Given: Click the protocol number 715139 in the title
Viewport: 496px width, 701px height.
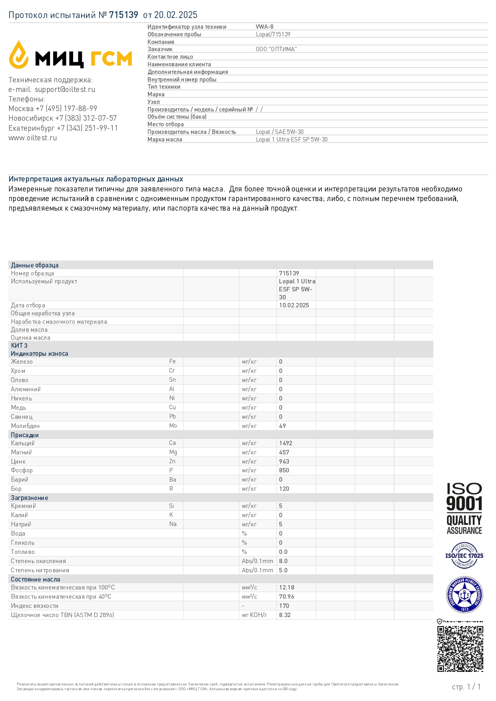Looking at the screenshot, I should coord(124,15).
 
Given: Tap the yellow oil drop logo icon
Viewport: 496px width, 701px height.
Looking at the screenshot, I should coord(19,55).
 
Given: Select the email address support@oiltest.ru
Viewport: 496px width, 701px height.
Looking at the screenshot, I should coord(65,90).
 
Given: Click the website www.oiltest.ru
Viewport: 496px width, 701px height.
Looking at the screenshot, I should coord(33,138).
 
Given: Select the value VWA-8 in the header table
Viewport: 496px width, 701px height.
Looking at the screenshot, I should coord(265,27).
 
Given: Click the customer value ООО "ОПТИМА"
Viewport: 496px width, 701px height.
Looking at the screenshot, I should coord(276,49).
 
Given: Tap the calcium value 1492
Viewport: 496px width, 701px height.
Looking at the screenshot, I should coord(286,443).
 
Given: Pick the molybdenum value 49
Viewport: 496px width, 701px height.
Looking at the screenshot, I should coord(283,426).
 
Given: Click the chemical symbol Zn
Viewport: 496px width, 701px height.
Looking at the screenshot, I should coord(172,461).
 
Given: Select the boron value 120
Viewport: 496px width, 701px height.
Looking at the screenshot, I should coord(284,489).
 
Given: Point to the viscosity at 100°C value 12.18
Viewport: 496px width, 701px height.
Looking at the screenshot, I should coord(287,587).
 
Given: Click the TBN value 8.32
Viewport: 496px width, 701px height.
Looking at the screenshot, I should coord(285,615).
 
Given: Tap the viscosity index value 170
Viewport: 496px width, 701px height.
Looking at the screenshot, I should coord(284,606).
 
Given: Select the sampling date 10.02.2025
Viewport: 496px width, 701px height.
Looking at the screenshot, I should coord(294,305).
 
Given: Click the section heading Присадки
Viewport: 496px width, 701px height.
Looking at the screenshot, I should coord(25,435).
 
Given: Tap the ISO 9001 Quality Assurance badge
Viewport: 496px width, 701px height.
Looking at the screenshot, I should coord(464,508).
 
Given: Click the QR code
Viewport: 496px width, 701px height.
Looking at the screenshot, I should coord(460,649).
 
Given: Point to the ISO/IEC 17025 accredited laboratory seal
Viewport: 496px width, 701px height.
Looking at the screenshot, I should coord(464,556).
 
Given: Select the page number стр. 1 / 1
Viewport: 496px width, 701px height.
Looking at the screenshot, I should coord(466,687).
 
